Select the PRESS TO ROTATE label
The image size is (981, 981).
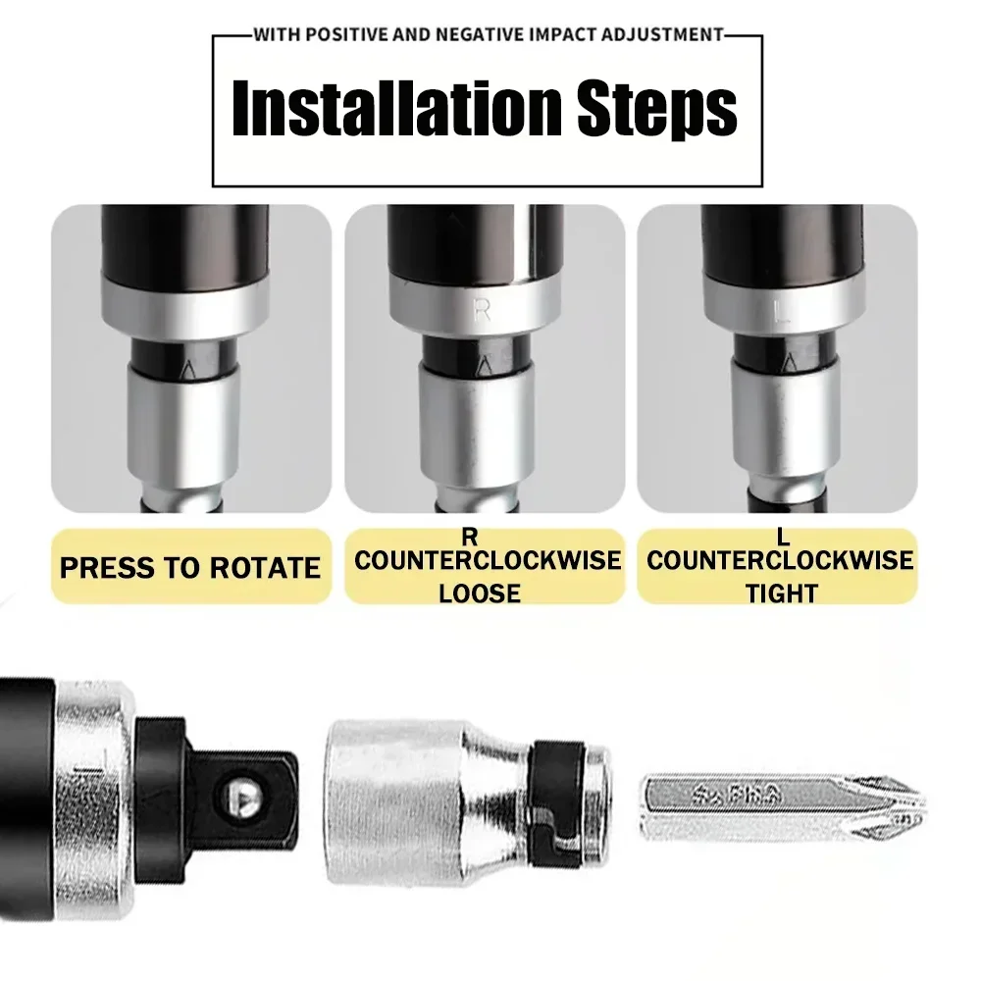(x=190, y=568)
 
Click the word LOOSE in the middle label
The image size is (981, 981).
(x=480, y=593)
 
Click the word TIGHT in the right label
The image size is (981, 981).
(x=781, y=593)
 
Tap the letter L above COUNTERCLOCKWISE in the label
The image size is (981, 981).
(x=782, y=537)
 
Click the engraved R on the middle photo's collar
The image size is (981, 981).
(x=482, y=311)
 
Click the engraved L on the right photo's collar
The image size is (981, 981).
(x=782, y=314)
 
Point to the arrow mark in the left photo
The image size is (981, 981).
(x=189, y=369)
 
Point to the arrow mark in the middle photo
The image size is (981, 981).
(x=483, y=366)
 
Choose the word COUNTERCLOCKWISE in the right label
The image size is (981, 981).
(x=781, y=561)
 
